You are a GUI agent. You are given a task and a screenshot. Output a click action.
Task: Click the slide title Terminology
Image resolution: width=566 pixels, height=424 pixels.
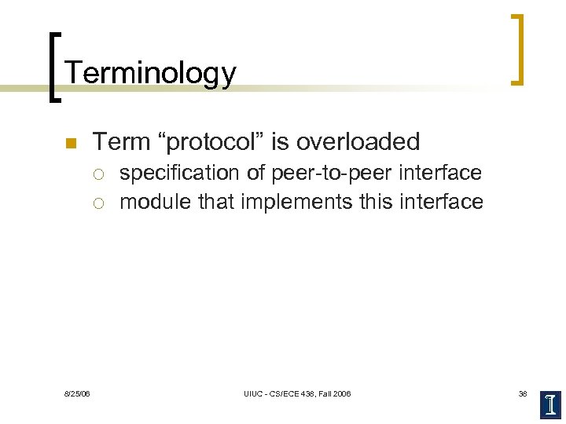point(150,73)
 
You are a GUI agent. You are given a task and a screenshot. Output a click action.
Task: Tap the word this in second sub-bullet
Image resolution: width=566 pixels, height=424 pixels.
point(380,202)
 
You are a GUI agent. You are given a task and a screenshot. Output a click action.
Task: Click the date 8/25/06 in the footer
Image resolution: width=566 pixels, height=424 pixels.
point(77,393)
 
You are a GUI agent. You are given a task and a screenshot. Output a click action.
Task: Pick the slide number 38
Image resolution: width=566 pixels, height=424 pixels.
point(522,393)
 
